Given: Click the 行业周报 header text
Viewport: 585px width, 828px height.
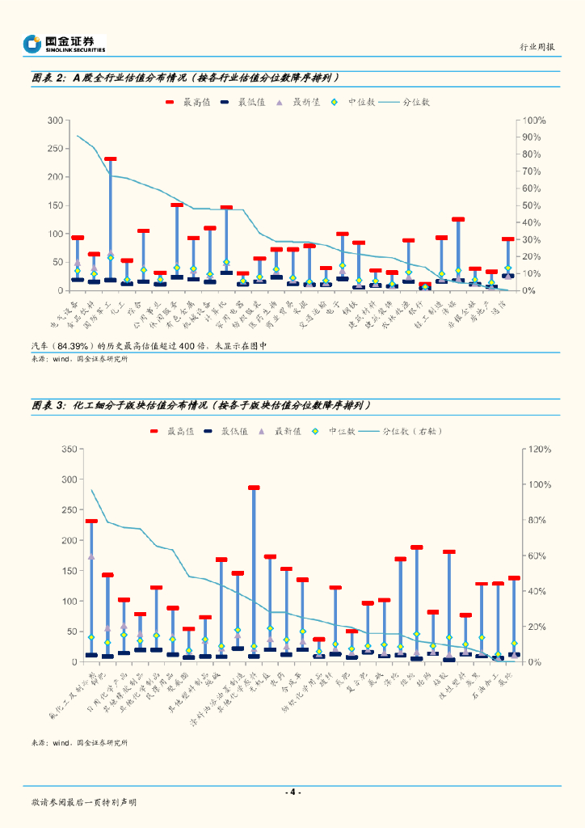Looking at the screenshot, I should pos(537,47).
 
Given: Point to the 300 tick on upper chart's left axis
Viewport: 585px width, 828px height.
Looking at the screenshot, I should pos(55,120).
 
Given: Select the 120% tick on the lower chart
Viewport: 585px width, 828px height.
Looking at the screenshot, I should pos(538,449).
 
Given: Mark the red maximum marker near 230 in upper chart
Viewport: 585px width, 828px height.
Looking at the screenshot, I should pos(111,159).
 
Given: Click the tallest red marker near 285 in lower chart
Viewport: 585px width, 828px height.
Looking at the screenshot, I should pos(254,488).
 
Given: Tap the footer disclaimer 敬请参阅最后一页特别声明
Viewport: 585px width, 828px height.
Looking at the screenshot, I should pos(84,802).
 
